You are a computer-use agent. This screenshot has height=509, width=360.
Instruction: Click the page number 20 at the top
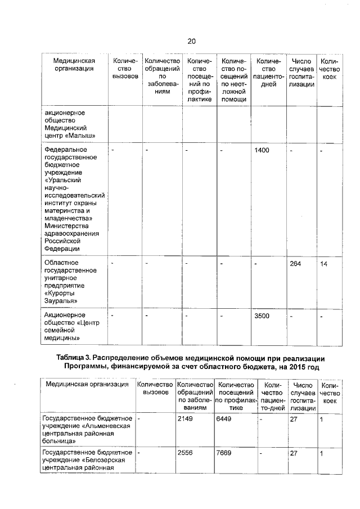click(191, 41)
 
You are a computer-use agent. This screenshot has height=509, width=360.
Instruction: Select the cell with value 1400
click(262, 151)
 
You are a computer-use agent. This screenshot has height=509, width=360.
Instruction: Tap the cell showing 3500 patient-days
click(262, 316)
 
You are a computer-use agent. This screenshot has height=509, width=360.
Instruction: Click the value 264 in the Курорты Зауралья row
click(296, 264)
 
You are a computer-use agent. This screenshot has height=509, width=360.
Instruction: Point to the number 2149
click(185, 419)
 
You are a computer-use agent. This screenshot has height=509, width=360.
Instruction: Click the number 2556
click(185, 452)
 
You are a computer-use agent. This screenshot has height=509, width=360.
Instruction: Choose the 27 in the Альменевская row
click(293, 419)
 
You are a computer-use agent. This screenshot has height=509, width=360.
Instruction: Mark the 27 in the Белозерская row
click(293, 452)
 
